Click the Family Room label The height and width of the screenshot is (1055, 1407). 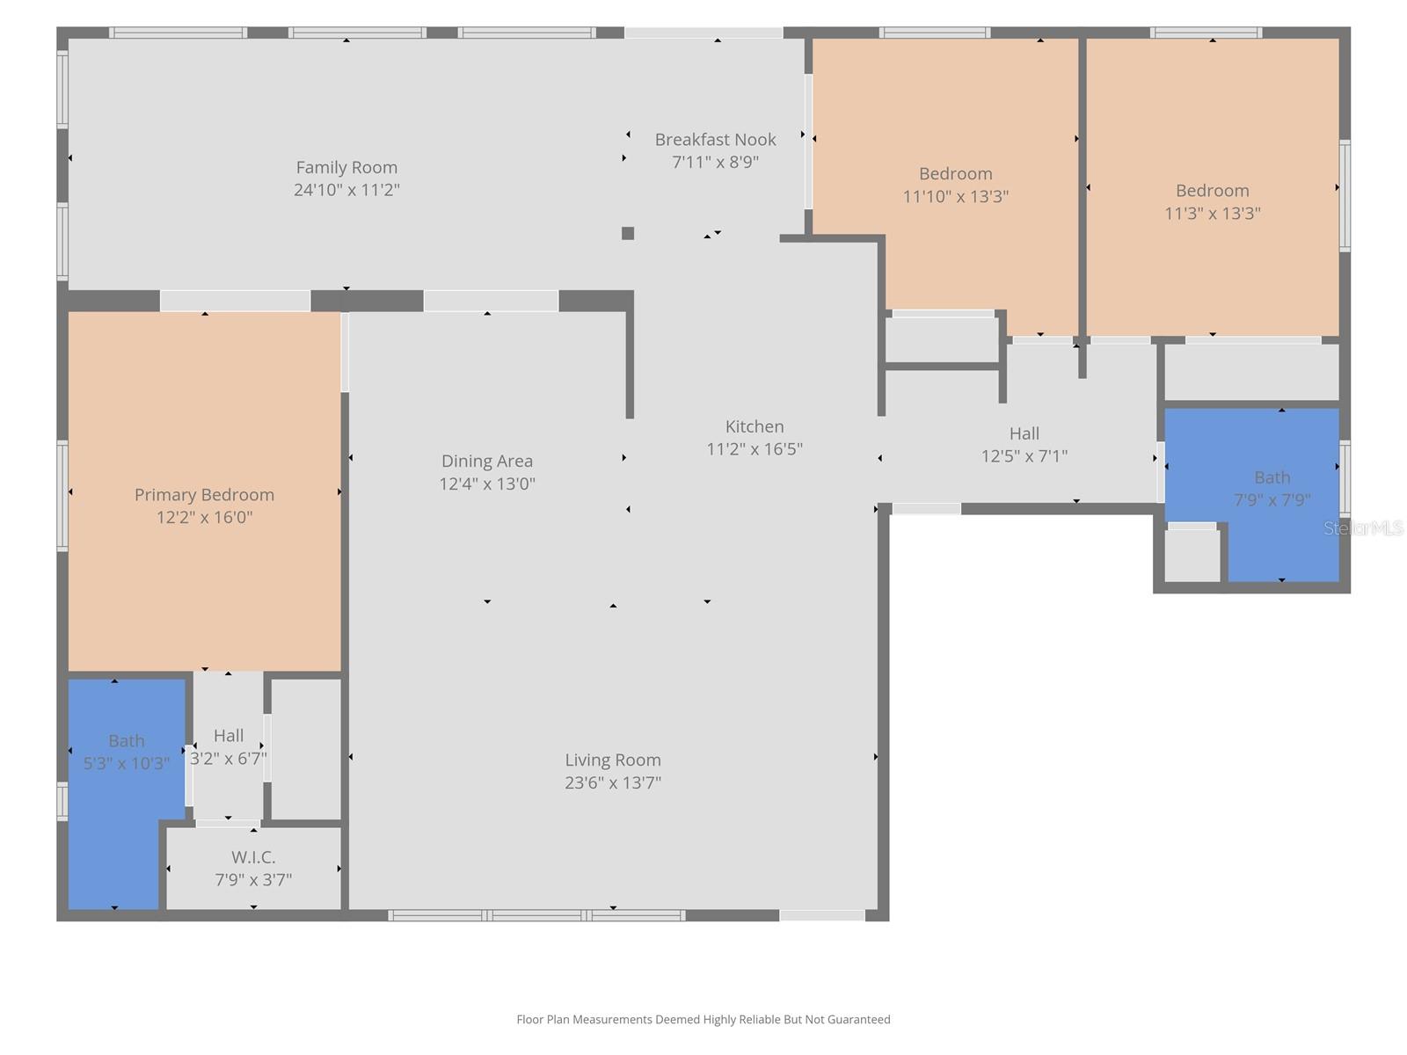click(x=346, y=167)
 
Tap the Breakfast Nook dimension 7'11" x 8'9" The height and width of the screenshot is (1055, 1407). click(x=715, y=162)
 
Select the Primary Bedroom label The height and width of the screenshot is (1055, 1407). click(x=204, y=495)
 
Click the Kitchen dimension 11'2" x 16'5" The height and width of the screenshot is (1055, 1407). click(x=755, y=449)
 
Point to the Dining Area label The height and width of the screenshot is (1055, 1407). click(x=486, y=461)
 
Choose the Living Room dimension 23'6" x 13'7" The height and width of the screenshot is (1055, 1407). click(x=613, y=782)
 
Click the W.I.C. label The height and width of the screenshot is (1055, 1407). click(x=253, y=856)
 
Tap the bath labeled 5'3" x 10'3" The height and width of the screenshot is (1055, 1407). click(x=126, y=752)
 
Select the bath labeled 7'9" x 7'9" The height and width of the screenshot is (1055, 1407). click(x=1272, y=488)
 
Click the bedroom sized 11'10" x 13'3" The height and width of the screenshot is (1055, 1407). click(x=955, y=185)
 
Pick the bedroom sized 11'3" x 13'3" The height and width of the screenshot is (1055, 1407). click(x=1212, y=201)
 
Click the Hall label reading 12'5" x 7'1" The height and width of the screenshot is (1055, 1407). click(x=1024, y=444)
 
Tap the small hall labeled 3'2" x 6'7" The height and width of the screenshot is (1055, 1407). click(x=228, y=746)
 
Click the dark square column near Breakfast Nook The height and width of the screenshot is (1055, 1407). click(x=628, y=233)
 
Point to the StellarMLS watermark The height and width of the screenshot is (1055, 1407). click(x=1363, y=528)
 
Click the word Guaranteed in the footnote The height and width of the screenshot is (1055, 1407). click(x=858, y=1020)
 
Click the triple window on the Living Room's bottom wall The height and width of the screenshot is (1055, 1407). click(x=536, y=915)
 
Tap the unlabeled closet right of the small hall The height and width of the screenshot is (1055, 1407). click(x=305, y=747)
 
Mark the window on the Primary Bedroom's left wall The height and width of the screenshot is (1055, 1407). click(x=62, y=495)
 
